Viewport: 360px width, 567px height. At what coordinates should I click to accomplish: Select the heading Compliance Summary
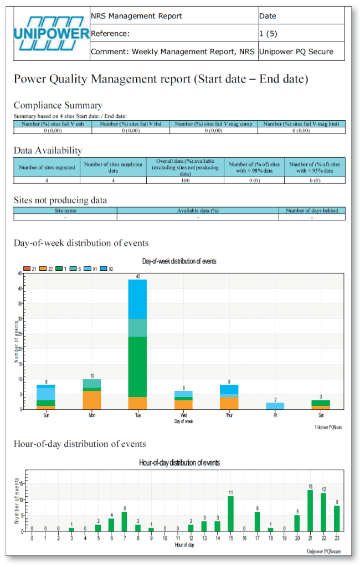(x=58, y=105)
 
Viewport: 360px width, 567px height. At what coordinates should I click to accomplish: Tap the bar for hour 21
(x=310, y=510)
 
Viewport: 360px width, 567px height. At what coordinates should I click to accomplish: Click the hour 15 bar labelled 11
(x=230, y=513)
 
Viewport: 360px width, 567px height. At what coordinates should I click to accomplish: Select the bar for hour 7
(x=124, y=521)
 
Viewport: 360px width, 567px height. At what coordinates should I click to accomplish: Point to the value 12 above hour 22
(x=323, y=489)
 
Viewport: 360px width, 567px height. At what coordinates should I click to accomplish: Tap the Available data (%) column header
(x=198, y=210)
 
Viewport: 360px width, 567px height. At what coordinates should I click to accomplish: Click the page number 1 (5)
(x=268, y=34)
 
